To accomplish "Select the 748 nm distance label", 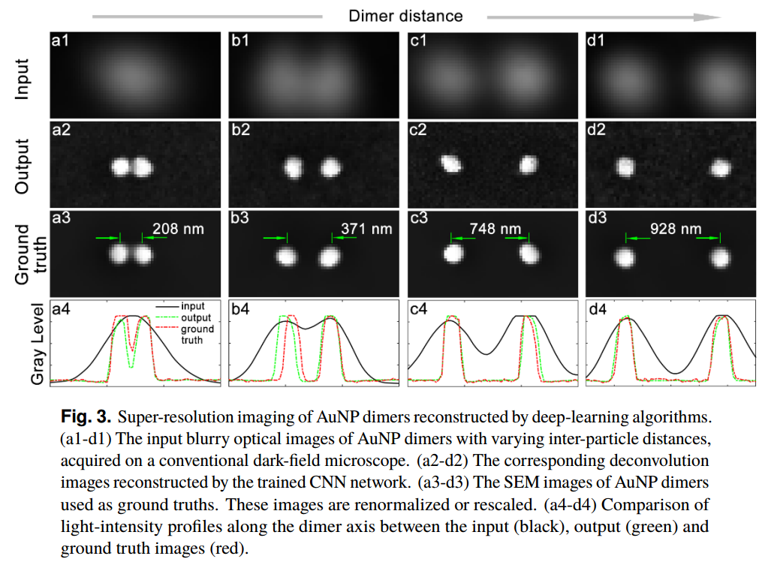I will point(495,228).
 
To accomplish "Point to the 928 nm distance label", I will point(676,228).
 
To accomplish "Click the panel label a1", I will point(60,42).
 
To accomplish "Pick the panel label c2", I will point(417,129).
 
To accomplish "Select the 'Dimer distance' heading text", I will point(405,15).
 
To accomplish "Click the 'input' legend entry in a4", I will point(192,306).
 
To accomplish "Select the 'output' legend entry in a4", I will point(197,317).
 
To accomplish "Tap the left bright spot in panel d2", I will point(625,167).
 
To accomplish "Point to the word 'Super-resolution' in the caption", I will point(164,415).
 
